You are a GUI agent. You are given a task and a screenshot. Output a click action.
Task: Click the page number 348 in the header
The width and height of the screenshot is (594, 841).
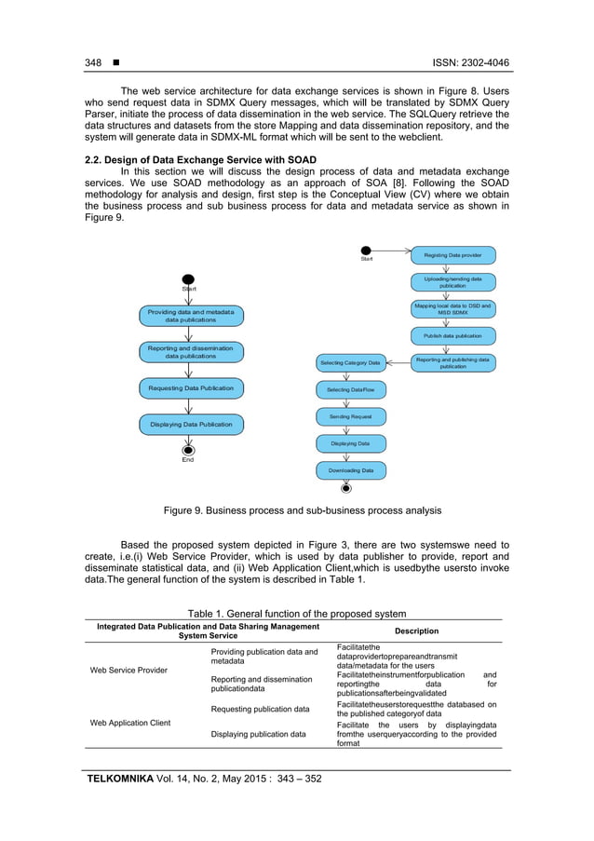click(93, 62)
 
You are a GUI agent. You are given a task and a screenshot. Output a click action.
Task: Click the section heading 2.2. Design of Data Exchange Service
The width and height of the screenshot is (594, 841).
click(200, 160)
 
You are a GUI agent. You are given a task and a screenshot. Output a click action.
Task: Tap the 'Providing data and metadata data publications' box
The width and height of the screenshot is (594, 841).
click(190, 315)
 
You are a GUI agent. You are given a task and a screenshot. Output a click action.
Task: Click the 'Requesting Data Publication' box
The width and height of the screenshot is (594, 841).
click(190, 387)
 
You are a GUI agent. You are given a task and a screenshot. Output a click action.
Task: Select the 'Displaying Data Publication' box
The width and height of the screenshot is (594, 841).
click(190, 424)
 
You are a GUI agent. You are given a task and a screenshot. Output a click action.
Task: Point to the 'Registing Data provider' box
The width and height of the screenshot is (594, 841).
click(452, 254)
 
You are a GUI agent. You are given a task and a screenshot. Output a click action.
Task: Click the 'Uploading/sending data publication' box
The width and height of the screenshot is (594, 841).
click(452, 282)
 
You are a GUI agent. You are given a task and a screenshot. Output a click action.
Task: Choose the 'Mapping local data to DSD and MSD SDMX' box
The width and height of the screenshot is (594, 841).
click(452, 308)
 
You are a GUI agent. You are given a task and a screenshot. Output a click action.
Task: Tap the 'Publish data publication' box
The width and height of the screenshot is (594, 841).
click(452, 335)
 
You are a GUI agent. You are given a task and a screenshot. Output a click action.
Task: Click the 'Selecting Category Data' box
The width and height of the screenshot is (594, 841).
click(350, 362)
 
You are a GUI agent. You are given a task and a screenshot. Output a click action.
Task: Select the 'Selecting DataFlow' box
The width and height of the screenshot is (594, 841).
click(350, 389)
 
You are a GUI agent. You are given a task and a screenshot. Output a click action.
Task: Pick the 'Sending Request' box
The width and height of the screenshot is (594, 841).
click(350, 416)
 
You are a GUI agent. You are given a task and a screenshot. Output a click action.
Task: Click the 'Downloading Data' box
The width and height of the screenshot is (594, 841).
click(350, 470)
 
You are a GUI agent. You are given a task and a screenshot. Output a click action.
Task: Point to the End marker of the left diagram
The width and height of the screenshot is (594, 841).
click(189, 449)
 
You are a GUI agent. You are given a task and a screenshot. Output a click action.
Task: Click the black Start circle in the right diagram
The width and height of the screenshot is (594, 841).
click(367, 251)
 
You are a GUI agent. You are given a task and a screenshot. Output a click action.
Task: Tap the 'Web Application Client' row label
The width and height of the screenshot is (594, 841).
click(130, 722)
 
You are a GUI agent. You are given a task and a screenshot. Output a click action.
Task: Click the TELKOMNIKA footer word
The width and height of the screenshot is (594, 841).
click(129, 778)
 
